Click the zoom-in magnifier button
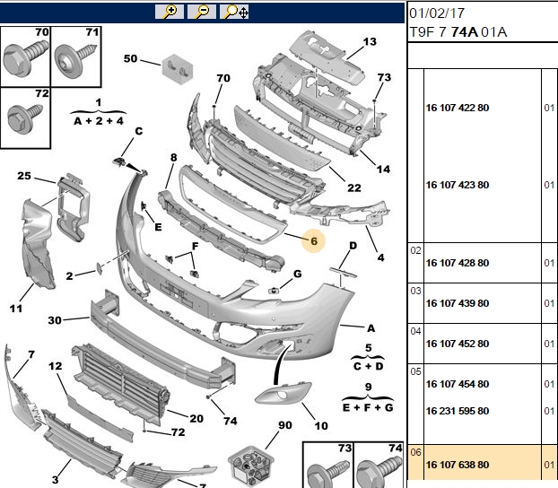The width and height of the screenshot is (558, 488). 170,12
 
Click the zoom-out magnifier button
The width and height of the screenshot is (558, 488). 202,12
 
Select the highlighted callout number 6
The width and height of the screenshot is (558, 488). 313,241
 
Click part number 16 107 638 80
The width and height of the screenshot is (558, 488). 458,465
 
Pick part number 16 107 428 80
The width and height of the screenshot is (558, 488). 458,263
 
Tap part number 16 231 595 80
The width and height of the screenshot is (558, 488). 458,411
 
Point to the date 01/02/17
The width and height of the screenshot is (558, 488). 437,13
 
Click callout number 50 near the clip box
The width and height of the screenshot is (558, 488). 130,58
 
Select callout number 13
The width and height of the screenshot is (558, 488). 370,41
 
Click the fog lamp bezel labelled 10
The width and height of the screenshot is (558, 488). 283,393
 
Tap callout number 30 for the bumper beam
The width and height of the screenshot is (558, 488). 55,320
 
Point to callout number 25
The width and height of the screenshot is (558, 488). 24,176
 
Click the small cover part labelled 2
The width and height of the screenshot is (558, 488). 99,267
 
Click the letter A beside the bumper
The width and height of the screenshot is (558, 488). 371,327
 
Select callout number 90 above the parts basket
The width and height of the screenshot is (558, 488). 285,425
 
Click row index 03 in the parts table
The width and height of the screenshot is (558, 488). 415,291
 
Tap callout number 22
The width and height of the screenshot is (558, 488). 354,187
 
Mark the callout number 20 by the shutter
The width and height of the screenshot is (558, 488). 196,418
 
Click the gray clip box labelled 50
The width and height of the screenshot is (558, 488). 178,69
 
